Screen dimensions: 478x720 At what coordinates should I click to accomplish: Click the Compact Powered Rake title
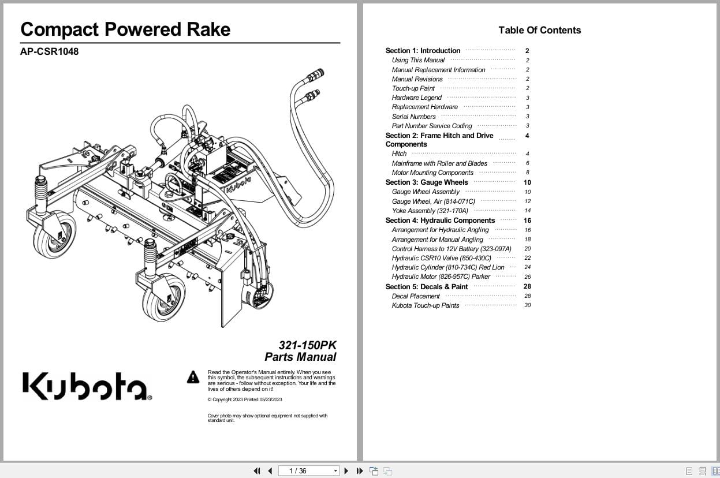(125, 29)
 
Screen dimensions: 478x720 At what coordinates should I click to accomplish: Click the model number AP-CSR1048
(49, 51)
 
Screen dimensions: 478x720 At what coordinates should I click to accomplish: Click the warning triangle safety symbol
(193, 378)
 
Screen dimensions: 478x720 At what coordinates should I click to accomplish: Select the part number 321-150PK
(307, 345)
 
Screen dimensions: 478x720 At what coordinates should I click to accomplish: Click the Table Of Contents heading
(539, 30)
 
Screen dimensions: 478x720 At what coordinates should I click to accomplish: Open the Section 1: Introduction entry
(423, 51)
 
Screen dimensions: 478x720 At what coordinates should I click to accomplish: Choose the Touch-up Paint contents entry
(413, 88)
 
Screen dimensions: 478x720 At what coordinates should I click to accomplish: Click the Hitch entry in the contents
(399, 154)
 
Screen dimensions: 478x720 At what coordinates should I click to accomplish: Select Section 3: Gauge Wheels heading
(427, 182)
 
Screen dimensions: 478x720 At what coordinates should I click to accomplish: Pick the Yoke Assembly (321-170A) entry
(430, 211)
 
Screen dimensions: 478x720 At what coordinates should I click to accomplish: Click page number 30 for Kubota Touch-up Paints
(527, 305)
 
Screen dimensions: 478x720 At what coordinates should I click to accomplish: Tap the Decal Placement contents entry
(416, 296)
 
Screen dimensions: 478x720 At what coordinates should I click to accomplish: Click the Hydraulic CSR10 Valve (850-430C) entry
(441, 258)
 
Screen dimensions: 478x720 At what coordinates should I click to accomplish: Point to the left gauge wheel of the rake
(54, 236)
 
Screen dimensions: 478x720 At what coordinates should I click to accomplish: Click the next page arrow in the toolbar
(346, 471)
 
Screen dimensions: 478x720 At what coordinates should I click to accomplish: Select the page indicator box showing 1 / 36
(308, 471)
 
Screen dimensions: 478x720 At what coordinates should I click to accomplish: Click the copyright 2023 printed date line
(245, 399)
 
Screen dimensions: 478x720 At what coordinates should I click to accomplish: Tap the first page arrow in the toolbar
(256, 471)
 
